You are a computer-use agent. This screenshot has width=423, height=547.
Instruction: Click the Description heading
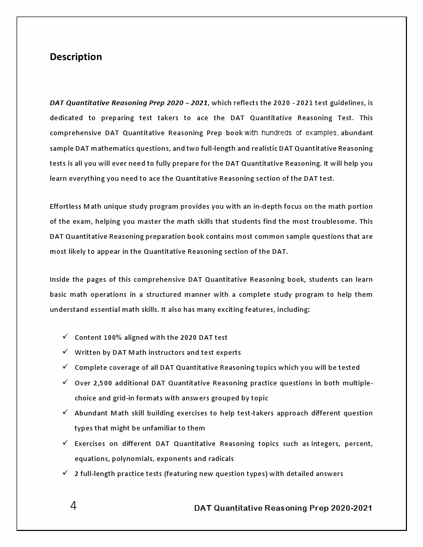(76, 57)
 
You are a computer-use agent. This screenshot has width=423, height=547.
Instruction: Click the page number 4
(73, 506)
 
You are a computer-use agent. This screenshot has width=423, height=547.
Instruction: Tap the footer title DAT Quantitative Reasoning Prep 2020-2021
(283, 508)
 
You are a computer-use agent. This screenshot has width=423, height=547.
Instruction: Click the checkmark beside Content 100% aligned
(65, 337)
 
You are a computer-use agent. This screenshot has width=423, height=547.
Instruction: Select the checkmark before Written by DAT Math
(65, 352)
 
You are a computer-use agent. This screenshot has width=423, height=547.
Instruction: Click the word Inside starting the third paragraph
(60, 279)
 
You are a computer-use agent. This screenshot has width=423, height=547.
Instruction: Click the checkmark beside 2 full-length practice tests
(65, 473)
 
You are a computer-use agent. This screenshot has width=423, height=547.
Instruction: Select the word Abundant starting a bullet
(90, 413)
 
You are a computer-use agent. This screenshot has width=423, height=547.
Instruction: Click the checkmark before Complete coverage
(65, 367)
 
